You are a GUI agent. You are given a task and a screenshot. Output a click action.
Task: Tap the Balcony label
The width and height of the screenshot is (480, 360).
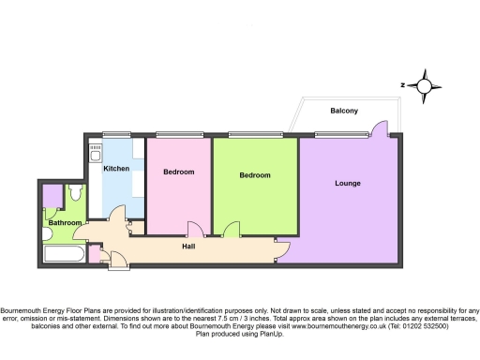point(344,111)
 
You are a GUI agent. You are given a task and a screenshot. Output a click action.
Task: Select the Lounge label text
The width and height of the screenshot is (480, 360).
point(348,183)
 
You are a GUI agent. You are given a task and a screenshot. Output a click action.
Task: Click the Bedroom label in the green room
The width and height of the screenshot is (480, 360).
point(254,175)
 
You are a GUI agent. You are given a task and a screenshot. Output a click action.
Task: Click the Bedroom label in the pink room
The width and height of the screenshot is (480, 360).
point(178,172)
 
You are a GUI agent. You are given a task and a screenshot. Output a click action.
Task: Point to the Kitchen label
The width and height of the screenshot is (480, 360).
point(116,169)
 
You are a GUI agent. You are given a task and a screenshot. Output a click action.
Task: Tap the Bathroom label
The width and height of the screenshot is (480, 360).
point(65,223)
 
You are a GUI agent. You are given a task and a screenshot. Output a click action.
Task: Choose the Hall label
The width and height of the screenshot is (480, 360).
point(188,246)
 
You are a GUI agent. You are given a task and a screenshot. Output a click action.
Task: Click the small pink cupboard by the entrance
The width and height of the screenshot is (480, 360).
point(94,254)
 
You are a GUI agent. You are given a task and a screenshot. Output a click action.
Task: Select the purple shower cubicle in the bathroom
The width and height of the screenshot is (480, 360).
point(52,195)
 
